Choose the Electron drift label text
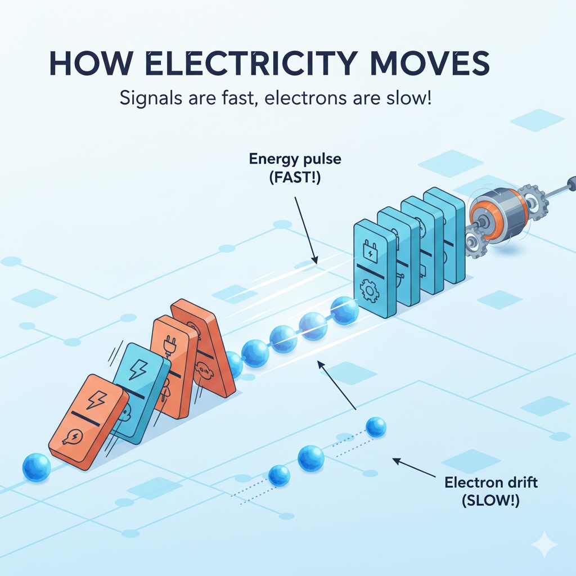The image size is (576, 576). [x=483, y=482]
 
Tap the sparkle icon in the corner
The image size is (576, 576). [x=544, y=544]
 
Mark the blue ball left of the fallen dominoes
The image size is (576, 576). [x=37, y=467]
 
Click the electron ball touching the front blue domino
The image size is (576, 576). [x=344, y=310]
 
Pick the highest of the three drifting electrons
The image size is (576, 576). [x=376, y=427]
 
